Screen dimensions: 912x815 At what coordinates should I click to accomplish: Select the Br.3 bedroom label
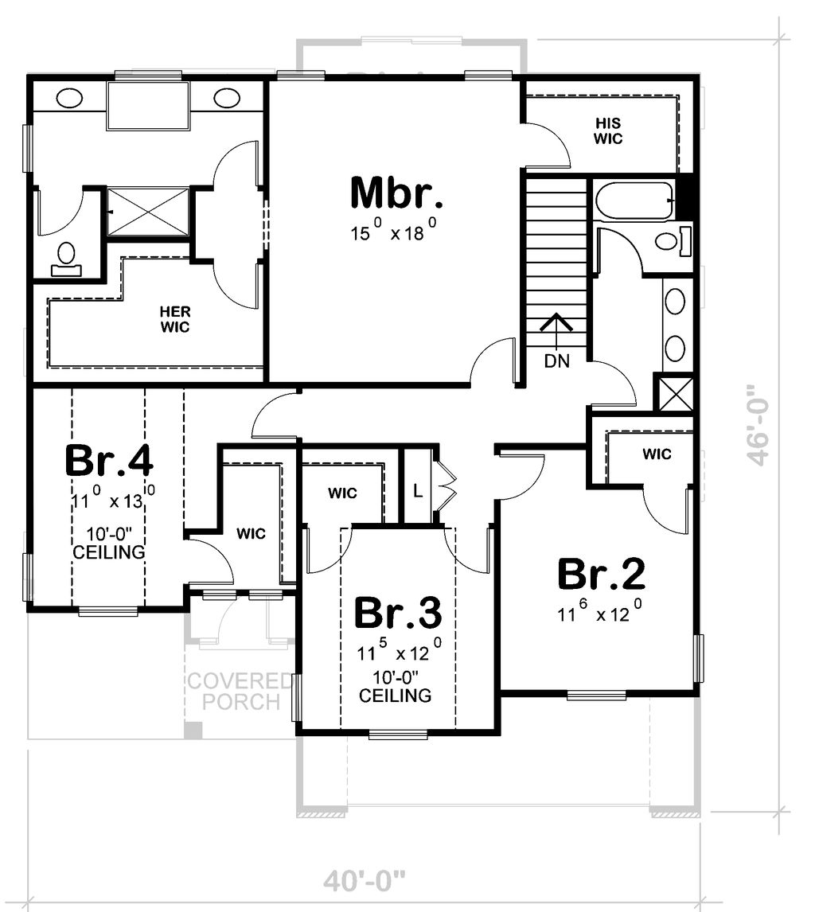[x=396, y=614]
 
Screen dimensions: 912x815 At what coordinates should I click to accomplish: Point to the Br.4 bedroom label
[x=108, y=461]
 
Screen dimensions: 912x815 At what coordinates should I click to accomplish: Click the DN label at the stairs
[x=556, y=361]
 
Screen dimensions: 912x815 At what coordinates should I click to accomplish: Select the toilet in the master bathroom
[x=65, y=259]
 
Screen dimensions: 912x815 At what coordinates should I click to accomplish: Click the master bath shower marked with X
[x=148, y=211]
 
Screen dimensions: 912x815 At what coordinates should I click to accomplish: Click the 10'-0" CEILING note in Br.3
[x=395, y=686]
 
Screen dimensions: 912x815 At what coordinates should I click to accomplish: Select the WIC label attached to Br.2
[x=657, y=454]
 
